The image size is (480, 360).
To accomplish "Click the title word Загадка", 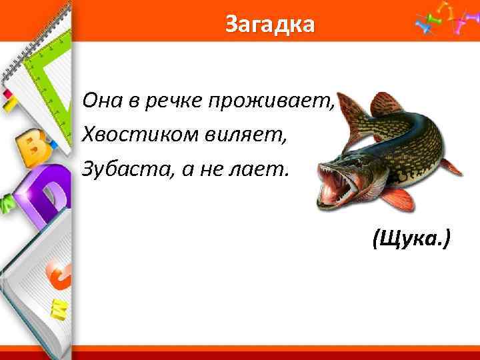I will point(269,25).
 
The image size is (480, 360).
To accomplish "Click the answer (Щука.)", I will point(411,237).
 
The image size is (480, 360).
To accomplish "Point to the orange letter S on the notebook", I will point(57,277).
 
